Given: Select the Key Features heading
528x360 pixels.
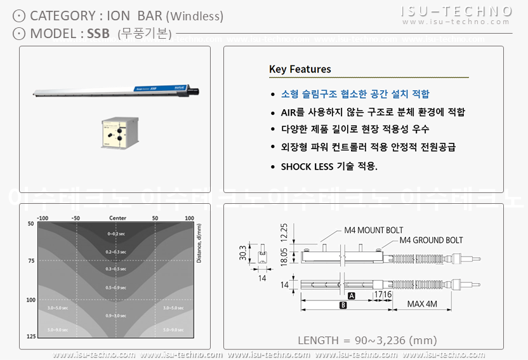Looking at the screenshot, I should pos(300,69).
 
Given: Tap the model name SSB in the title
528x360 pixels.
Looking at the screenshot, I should pos(98,33).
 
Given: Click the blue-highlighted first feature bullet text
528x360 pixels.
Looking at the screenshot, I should pos(355,94).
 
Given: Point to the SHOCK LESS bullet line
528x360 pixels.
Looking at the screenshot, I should pos(329,166).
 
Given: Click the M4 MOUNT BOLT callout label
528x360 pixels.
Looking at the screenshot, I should pos(373,230).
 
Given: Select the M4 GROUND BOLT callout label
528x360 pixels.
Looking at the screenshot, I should pos(431,241).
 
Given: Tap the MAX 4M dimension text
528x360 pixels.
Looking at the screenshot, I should pos(423,304).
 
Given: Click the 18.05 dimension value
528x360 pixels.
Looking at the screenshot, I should pos(284,258).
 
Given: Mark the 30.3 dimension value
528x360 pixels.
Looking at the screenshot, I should pos(242,253).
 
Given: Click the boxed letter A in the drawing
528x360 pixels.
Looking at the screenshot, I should pos(351,295).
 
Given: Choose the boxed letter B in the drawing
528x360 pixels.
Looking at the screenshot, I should pos(343,305).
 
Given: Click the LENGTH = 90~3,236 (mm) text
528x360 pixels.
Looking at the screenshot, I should pos(367,340).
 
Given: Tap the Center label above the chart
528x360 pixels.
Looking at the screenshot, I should pos(117,218).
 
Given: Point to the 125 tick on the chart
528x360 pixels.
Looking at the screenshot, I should pos(30,336).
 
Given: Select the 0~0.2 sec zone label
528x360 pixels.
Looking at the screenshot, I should pos(117,234).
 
